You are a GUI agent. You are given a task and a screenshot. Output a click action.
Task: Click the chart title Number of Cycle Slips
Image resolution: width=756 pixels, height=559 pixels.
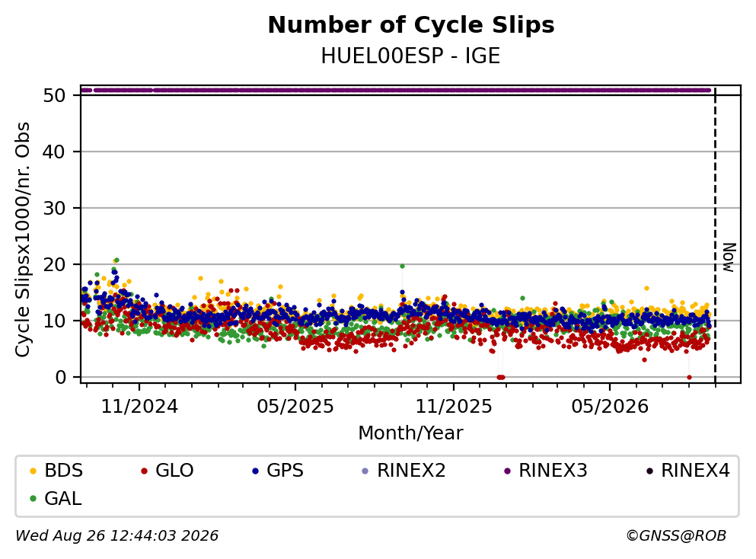pos(411,25)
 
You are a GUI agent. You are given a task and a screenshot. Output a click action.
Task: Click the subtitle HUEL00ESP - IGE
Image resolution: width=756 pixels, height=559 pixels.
pos(411,56)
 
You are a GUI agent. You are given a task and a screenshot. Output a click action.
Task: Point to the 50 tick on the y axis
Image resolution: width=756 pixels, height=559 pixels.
pos(54,95)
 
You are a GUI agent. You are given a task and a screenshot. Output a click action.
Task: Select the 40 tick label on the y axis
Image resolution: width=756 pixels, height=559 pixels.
pos(54,152)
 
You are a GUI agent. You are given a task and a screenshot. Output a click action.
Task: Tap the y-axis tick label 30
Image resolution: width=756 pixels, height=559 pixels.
pos(54,209)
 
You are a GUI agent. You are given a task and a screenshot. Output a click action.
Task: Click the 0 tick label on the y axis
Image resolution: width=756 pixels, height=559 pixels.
pos(60,377)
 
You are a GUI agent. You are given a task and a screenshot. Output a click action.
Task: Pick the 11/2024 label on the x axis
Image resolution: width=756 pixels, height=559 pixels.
pos(139,407)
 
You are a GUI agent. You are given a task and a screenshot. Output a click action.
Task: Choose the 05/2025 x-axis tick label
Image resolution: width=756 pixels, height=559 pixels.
pos(295,407)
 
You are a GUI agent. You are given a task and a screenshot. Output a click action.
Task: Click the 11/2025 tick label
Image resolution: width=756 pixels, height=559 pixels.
pos(454,407)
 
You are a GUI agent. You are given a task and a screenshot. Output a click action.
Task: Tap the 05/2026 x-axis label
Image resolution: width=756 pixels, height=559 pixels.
pos(610,407)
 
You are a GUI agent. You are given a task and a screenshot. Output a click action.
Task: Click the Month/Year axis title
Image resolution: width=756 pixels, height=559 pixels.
pos(411,433)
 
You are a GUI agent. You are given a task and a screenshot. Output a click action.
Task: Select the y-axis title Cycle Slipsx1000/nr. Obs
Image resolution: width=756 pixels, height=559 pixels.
pos(23,240)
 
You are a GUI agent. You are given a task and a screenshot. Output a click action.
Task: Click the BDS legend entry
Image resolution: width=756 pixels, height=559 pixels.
pos(56,470)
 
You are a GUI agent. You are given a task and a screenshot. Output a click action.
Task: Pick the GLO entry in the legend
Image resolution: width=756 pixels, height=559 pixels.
pos(167,470)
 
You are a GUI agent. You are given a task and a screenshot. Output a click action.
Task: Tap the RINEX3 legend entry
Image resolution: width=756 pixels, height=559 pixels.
pos(545,470)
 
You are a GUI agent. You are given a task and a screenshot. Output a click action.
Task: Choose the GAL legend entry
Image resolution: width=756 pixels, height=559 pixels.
pos(56,498)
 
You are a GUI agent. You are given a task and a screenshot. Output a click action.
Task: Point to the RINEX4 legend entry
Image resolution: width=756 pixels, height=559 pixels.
pos(688,470)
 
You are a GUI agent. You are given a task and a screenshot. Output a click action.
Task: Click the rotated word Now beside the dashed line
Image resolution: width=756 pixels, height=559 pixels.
pos(729,257)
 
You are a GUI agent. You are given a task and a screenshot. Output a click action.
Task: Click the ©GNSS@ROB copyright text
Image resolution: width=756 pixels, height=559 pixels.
pos(676,535)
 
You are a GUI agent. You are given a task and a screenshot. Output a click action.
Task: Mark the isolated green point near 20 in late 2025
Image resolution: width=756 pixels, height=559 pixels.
pos(402,267)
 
